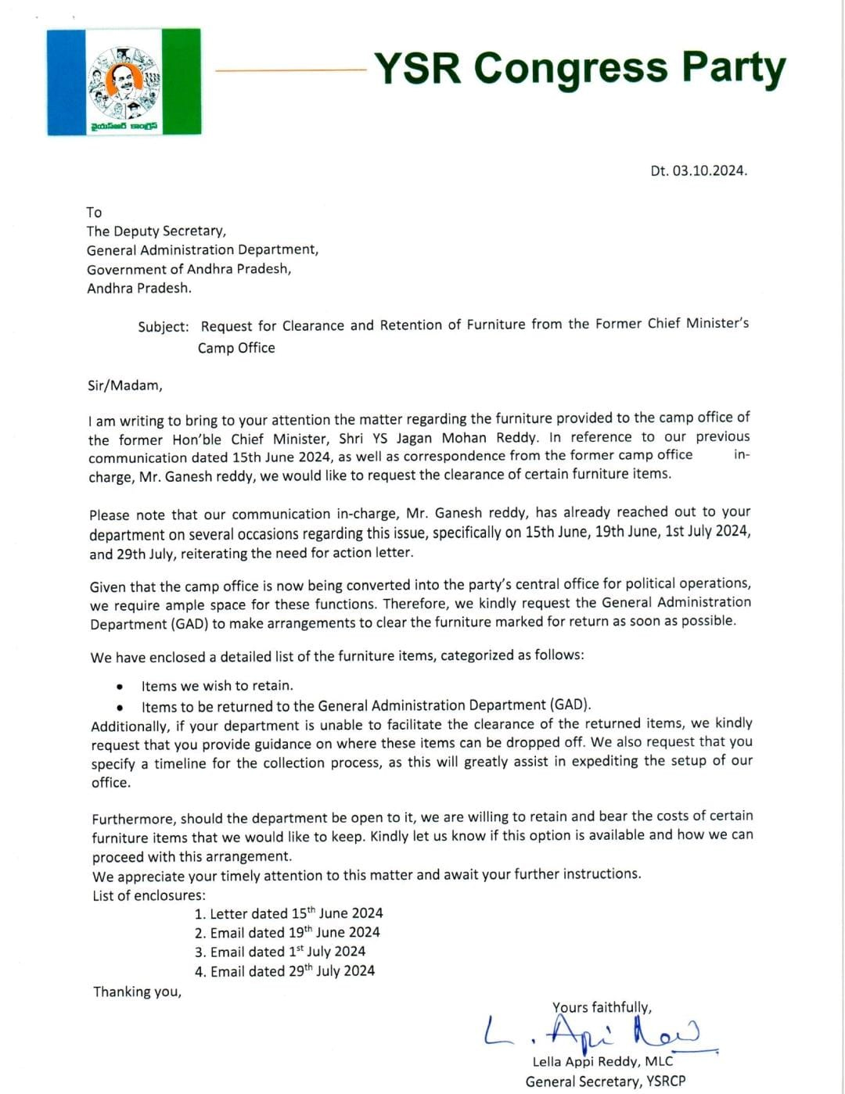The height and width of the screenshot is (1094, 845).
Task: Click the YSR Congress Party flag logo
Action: (124, 82)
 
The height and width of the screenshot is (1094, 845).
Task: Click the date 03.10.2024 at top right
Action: (699, 170)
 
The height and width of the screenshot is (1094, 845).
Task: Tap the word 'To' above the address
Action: (94, 212)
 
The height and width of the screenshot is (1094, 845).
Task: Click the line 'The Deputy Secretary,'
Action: (156, 231)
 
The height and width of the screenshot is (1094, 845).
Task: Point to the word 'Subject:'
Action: (164, 327)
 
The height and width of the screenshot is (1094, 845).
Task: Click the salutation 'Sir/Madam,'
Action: (125, 386)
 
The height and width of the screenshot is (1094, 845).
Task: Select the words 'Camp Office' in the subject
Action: (236, 348)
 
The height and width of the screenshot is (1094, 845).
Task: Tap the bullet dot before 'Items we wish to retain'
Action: (119, 687)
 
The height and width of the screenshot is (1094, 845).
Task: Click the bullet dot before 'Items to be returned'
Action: (119, 706)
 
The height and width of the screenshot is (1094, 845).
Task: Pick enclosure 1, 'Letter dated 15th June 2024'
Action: (289, 913)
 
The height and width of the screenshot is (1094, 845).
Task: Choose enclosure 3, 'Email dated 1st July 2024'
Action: (280, 952)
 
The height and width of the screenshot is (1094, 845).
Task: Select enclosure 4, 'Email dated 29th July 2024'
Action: (285, 971)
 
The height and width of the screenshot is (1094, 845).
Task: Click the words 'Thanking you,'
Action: (137, 992)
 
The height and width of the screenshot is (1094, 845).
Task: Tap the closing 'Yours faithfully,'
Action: (602, 1007)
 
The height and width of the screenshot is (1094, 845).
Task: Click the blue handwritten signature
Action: (595, 1032)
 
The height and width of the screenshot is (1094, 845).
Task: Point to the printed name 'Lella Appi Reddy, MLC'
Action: (602, 1061)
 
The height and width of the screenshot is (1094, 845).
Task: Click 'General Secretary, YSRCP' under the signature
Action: (605, 1081)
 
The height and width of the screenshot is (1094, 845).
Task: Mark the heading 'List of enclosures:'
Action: (149, 895)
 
